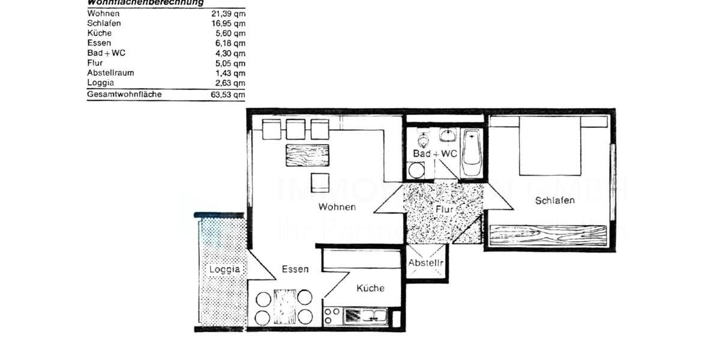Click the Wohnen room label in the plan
[x=337, y=207]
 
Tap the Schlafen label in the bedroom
[x=555, y=200]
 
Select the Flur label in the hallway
[x=445, y=209]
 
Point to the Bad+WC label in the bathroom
[x=435, y=154]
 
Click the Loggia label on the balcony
[x=224, y=269]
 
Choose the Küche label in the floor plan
[x=370, y=288]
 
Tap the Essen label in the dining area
[x=295, y=269]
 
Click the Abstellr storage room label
[x=426, y=263]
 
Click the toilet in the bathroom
[x=424, y=141]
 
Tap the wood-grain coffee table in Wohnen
[x=307, y=156]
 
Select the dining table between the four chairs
[x=284, y=306]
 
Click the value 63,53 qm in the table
[x=230, y=94]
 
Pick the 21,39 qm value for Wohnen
[x=230, y=13]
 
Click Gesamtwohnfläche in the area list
[x=124, y=94]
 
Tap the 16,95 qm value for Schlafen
[x=230, y=23]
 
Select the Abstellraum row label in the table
[x=110, y=73]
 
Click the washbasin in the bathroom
[x=447, y=134]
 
